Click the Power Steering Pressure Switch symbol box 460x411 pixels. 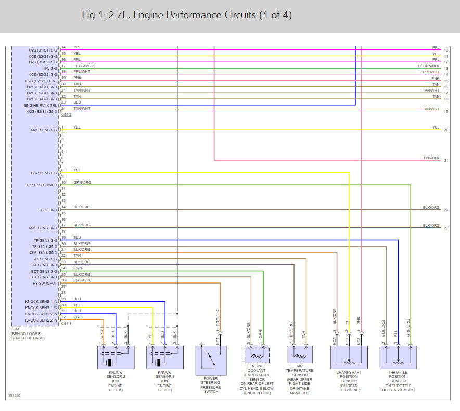211,361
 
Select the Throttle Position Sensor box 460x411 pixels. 398,361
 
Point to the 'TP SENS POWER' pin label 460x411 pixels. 42,185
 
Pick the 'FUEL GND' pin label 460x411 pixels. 48,210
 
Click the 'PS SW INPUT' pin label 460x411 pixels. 44,284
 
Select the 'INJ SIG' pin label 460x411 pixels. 51,68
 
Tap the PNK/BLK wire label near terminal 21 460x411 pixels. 431,158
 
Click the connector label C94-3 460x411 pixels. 67,324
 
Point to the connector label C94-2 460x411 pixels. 67,114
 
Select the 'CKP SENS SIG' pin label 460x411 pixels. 44,173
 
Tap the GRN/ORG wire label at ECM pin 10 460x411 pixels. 82,183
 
